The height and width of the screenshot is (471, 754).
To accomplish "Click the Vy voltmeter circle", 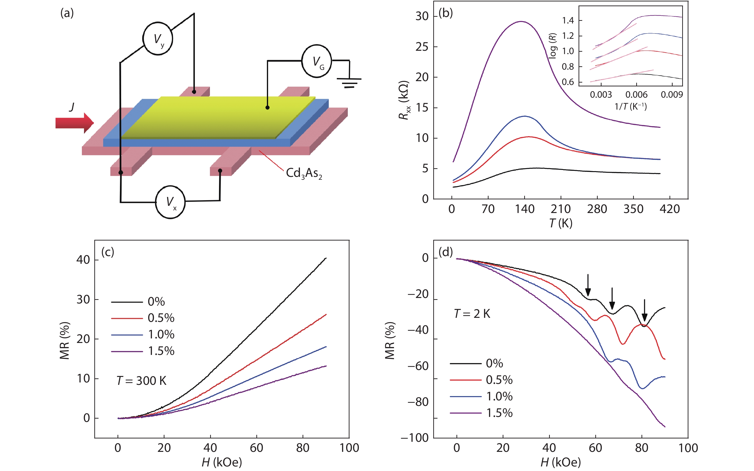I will point(158,39).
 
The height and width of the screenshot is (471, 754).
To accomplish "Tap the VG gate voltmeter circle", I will point(316,61).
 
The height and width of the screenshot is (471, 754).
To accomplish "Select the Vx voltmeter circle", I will point(170,202).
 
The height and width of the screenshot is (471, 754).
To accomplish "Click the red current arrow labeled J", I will point(74,123).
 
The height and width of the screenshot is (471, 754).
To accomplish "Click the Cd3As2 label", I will point(304,173).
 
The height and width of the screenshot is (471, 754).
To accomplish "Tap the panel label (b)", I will point(445,13).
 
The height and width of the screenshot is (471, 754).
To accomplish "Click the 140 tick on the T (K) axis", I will point(525,209).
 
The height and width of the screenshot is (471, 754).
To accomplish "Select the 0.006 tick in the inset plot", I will point(636,94).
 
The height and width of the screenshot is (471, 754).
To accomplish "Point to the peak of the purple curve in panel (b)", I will point(521,22).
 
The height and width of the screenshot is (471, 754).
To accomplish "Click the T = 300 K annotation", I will point(141,381).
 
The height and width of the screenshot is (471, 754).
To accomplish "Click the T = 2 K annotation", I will point(472,314).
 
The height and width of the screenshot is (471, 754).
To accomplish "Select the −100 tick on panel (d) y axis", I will point(415,438).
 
